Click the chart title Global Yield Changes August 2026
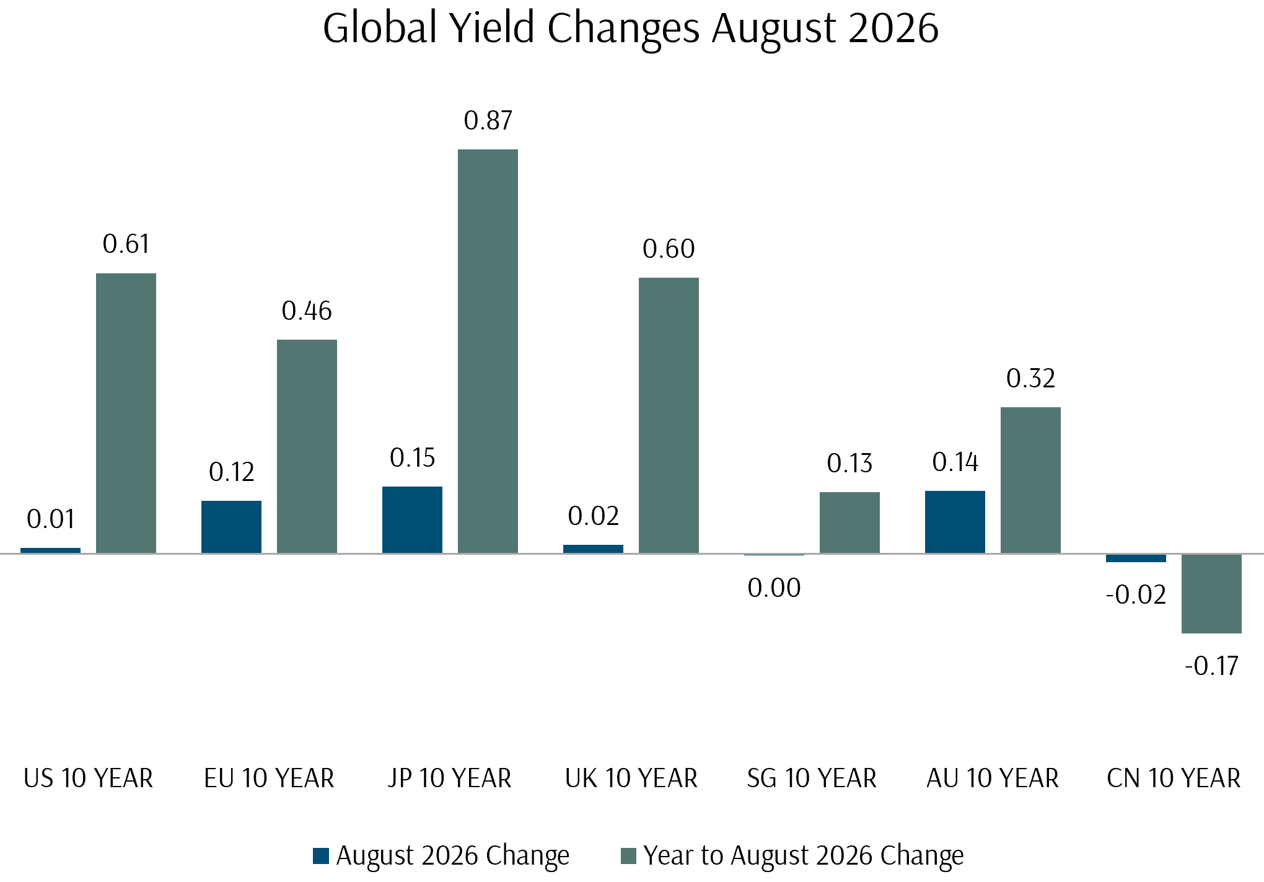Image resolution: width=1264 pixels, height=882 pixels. [631, 29]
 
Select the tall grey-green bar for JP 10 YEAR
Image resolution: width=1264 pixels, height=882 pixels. [488, 351]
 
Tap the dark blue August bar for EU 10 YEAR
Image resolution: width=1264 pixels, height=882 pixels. [231, 527]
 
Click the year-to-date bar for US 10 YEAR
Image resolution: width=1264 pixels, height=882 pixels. [126, 413]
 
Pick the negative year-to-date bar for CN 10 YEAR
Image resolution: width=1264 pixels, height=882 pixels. [1211, 594]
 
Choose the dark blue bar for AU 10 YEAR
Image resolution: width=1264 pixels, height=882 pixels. [955, 522]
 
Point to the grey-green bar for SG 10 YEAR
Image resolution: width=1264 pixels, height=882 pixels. [849, 523]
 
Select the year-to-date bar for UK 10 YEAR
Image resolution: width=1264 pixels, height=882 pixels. [669, 415]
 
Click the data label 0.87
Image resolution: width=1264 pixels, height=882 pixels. [488, 121]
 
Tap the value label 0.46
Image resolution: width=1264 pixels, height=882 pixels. [307, 311]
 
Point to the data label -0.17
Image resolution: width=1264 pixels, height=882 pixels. [1211, 666]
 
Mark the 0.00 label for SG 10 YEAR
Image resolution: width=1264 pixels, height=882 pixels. [774, 588]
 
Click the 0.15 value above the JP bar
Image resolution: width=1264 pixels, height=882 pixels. [413, 458]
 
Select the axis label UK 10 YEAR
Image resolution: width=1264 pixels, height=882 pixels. [631, 778]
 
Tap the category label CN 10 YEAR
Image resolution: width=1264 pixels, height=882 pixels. [1174, 778]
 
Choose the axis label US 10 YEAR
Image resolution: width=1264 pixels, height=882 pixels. [88, 778]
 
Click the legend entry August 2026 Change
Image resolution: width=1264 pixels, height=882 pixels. [453, 855]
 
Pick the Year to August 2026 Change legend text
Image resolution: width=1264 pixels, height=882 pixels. [804, 855]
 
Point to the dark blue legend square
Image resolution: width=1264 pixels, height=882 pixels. [321, 856]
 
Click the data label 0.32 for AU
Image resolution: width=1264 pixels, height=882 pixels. [1030, 379]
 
